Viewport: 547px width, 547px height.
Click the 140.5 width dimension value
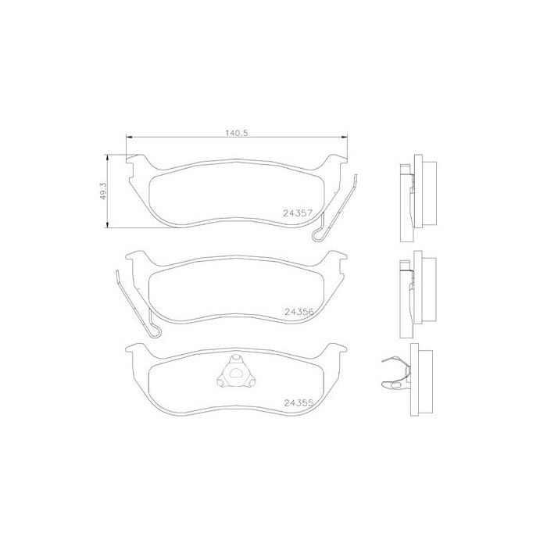236,133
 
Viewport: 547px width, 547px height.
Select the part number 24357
297,213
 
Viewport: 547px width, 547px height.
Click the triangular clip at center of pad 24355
232,374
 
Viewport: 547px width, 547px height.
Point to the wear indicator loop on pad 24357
318,235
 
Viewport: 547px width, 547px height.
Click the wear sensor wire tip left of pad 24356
116,273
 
